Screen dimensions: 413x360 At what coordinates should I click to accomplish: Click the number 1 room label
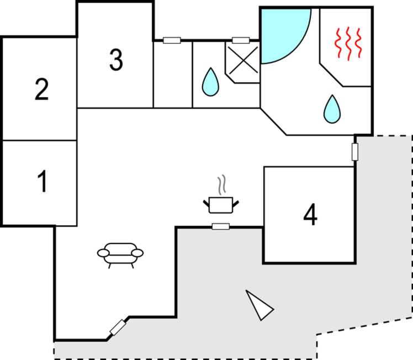pos(43,181)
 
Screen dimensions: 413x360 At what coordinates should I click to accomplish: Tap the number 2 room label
pos(41,89)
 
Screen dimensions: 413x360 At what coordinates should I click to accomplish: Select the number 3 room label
pos(116,60)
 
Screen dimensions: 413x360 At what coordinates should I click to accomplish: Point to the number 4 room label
pos(310,215)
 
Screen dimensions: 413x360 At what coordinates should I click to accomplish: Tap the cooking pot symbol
pos(221,205)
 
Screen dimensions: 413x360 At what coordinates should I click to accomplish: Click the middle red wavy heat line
pos(348,43)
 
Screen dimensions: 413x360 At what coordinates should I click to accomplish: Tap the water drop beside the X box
pos(210,82)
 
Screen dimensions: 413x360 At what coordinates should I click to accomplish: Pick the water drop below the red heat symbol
pos(332,109)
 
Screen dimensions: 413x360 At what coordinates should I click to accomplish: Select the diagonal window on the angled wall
pos(118,327)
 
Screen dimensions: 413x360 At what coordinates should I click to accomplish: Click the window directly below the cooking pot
pos(221,226)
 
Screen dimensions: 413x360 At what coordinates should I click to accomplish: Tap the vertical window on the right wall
pos(355,152)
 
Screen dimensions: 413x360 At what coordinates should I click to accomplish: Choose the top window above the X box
pos(241,40)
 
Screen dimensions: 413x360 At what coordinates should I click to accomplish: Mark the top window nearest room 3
pos(172,40)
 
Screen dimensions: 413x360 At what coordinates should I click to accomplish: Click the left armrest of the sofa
pos(103,253)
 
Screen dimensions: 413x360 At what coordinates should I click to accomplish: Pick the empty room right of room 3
pos(173,75)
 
